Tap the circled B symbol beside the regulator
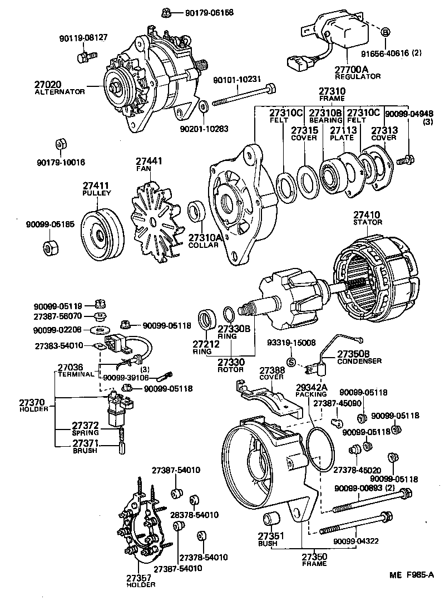(x=385, y=32)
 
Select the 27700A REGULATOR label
(x=357, y=72)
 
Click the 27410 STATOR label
(x=368, y=218)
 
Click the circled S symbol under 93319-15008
(x=290, y=362)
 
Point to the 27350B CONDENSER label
(x=359, y=357)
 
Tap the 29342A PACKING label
(x=311, y=389)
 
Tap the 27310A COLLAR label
(x=205, y=241)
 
